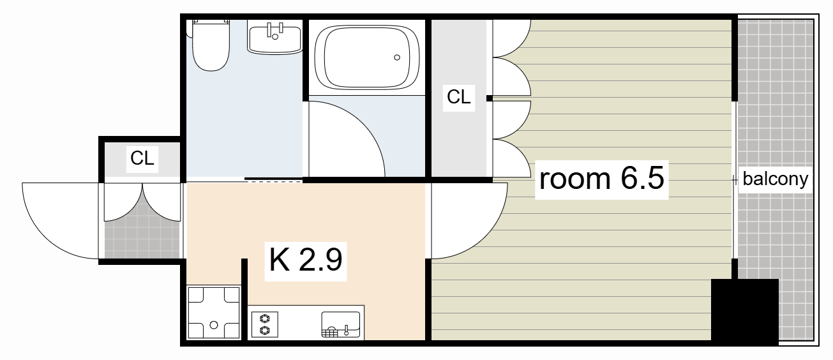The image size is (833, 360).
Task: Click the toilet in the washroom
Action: pyautogui.click(x=211, y=45)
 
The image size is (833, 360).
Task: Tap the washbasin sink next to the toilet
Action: pyautogui.click(x=275, y=39)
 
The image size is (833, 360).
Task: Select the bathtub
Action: pyautogui.click(x=366, y=57)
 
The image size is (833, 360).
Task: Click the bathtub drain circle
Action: pyautogui.click(x=397, y=57)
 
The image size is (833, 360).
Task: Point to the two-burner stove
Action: pyautogui.click(x=264, y=324)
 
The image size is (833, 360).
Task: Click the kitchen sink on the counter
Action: pyautogui.click(x=341, y=324)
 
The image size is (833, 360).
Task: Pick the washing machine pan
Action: pyautogui.click(x=214, y=312)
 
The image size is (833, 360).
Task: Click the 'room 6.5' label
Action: pyautogui.click(x=601, y=179)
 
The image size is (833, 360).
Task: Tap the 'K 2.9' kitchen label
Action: pyautogui.click(x=305, y=260)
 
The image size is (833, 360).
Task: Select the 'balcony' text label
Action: pyautogui.click(x=776, y=179)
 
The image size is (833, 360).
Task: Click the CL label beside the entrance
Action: pyautogui.click(x=142, y=158)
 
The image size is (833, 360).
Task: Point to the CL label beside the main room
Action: pyautogui.click(x=458, y=96)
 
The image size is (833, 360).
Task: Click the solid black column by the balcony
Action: pyautogui.click(x=745, y=311)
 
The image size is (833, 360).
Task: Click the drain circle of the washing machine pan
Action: pyautogui.click(x=214, y=325)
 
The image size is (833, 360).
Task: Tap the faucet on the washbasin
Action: pyautogui.click(x=275, y=31)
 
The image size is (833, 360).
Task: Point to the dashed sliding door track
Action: pyautogui.click(x=273, y=181)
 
